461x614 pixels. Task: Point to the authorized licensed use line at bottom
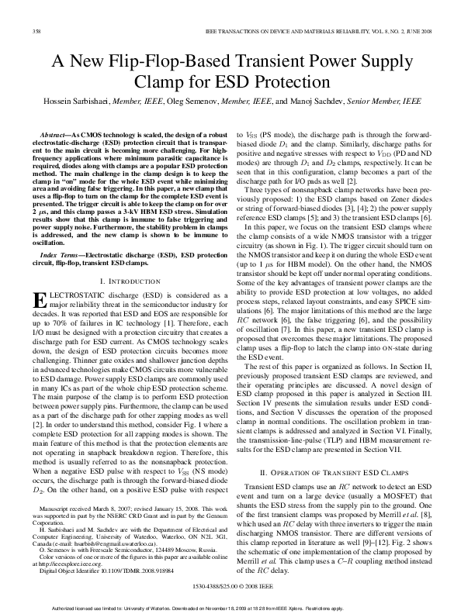(x=230, y=609)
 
